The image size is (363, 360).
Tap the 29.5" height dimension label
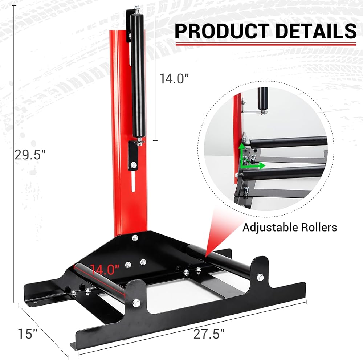[x=30, y=155]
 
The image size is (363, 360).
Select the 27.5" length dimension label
[x=209, y=334]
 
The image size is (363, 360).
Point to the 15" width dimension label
[x=28, y=334]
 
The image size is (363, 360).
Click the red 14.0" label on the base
[x=105, y=269]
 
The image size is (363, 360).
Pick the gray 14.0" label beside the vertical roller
[x=174, y=78]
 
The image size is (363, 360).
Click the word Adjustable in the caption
[x=269, y=228]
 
